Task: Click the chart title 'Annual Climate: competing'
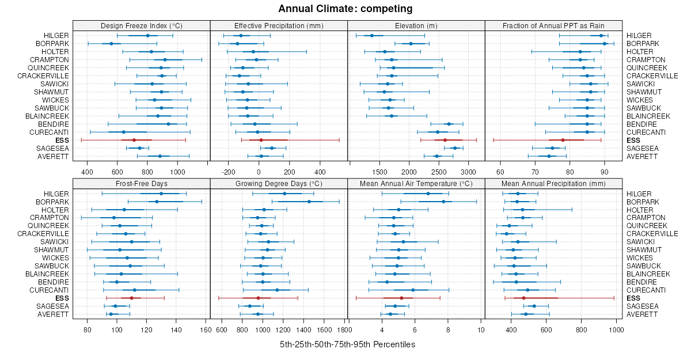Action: pyautogui.click(x=345, y=9)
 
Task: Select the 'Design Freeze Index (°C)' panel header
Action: pyautogui.click(x=141, y=25)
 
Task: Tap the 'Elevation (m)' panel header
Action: pyautogui.click(x=416, y=25)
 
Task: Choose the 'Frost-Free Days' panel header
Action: pyautogui.click(x=141, y=183)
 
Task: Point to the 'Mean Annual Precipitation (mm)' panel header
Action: pyautogui.click(x=553, y=183)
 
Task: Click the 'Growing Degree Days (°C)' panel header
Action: pyautogui.click(x=279, y=183)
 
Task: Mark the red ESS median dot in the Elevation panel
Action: pyautogui.click(x=445, y=140)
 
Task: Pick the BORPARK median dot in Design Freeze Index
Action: pyautogui.click(x=111, y=44)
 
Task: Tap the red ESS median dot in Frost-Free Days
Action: pyautogui.click(x=131, y=298)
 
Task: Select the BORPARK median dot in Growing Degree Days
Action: pyautogui.click(x=309, y=202)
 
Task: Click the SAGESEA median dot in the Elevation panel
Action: pyautogui.click(x=454, y=148)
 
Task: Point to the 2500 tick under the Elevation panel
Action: pyautogui.click(x=439, y=172)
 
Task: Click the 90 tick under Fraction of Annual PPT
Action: pyautogui.click(x=605, y=172)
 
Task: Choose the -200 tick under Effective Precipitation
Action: pyautogui.click(x=228, y=172)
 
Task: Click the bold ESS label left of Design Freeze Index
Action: pyautogui.click(x=62, y=140)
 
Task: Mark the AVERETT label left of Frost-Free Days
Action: pyautogui.click(x=53, y=314)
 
